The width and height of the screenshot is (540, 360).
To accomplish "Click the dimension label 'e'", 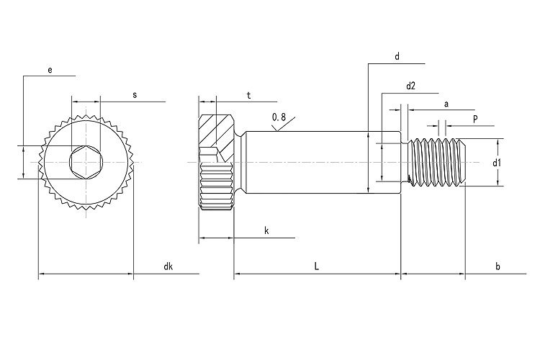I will point(50,69).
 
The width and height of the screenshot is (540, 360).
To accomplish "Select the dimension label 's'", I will point(135,94).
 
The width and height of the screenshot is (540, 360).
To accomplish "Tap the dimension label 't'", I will point(248,94).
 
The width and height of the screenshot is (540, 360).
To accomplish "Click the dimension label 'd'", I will point(397,56).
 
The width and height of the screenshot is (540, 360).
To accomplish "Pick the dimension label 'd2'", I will point(411,86).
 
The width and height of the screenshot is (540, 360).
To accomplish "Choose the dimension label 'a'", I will point(446,104).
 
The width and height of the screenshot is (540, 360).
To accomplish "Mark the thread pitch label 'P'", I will point(475,118).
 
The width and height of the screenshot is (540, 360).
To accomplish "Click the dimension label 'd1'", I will point(496,163).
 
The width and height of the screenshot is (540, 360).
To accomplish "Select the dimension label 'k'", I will point(266,230).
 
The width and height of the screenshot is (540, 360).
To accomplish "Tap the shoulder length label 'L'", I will point(317,266).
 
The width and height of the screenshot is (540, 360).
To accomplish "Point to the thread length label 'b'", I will point(497,266).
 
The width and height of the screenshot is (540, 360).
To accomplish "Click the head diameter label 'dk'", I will point(168,266).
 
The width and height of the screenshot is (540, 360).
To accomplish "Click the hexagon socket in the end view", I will point(86,163).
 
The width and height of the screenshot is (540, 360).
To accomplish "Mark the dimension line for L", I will point(288,274).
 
